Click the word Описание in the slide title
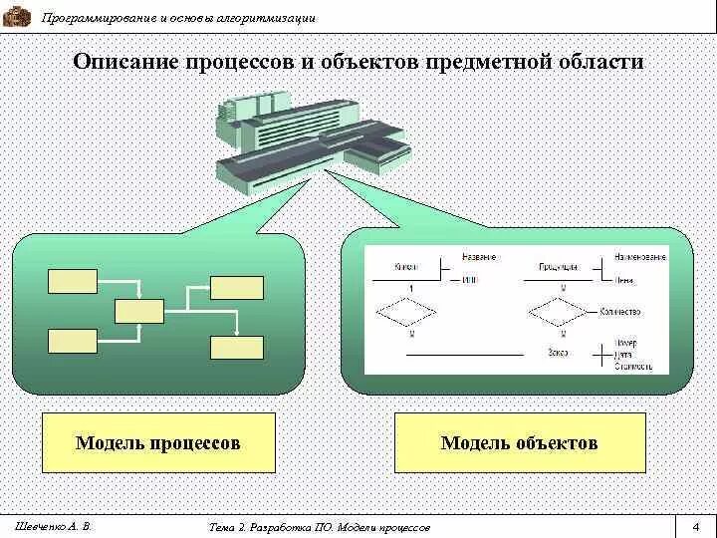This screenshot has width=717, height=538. [122, 62]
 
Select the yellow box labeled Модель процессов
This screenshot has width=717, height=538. [158, 441]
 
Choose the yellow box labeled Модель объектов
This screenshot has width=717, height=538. [519, 442]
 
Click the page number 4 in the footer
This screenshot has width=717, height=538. [696, 526]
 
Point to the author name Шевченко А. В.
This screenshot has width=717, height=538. [54, 525]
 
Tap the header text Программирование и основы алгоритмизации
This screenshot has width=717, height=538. [179, 18]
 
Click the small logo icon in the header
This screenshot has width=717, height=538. [18, 16]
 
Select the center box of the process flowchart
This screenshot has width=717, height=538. [138, 311]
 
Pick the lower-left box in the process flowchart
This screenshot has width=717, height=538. [72, 341]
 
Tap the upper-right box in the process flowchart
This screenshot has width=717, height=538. [237, 287]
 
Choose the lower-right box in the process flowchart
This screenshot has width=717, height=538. [237, 348]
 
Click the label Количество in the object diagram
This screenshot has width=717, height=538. [620, 312]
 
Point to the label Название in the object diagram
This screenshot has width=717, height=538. [479, 257]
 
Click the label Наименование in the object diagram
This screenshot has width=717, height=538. [640, 257]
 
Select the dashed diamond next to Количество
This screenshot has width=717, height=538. [562, 311]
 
